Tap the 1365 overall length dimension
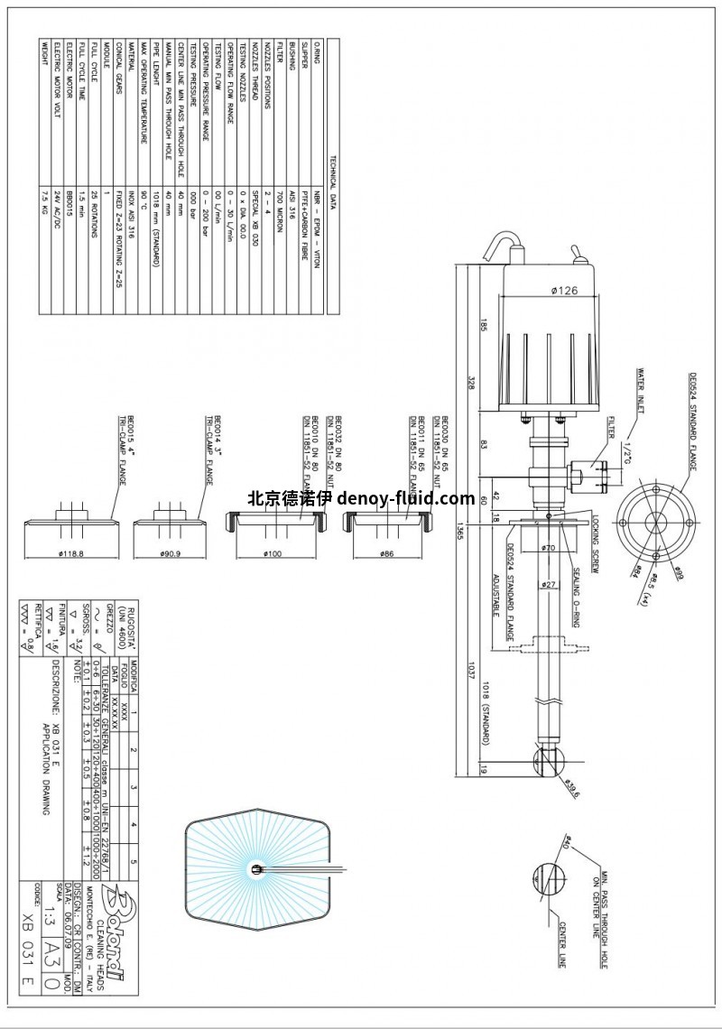point(460,534)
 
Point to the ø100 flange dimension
point(271,553)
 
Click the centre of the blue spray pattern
point(257,869)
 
